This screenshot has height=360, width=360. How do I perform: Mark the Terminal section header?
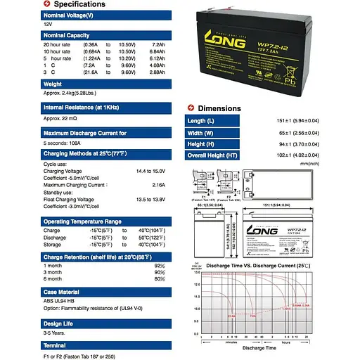coord(56,346)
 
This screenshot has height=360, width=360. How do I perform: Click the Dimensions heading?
coord(219,109)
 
